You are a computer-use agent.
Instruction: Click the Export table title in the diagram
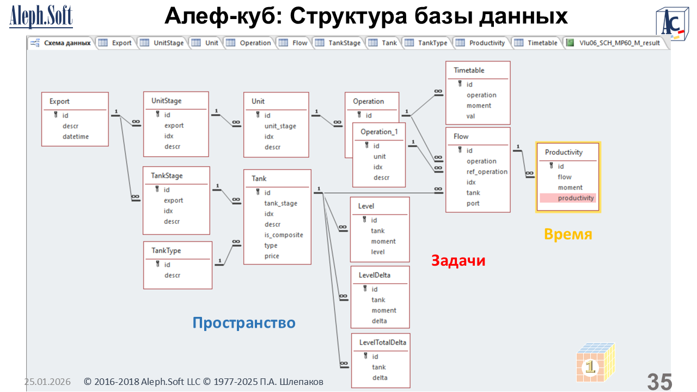(59, 101)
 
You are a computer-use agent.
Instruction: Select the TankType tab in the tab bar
(432, 43)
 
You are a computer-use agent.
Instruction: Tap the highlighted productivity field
(576, 198)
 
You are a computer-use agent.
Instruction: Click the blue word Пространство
(244, 323)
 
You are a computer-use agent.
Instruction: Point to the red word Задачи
(458, 261)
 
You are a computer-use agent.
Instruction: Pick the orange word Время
(568, 234)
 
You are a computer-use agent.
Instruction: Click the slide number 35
(659, 382)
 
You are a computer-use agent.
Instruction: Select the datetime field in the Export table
(75, 137)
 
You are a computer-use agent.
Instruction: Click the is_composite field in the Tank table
(284, 235)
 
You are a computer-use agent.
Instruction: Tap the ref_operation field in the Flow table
(487, 171)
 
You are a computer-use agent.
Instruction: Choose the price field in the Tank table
(272, 256)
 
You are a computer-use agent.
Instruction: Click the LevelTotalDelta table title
(382, 342)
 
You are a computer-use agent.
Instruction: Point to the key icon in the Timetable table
(460, 84)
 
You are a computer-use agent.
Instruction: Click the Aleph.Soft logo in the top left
(41, 17)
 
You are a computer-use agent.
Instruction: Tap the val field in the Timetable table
(471, 116)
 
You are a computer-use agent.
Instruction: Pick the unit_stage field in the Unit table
(280, 126)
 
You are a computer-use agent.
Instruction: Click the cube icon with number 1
(595, 362)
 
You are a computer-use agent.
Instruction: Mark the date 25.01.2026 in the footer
(47, 382)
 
